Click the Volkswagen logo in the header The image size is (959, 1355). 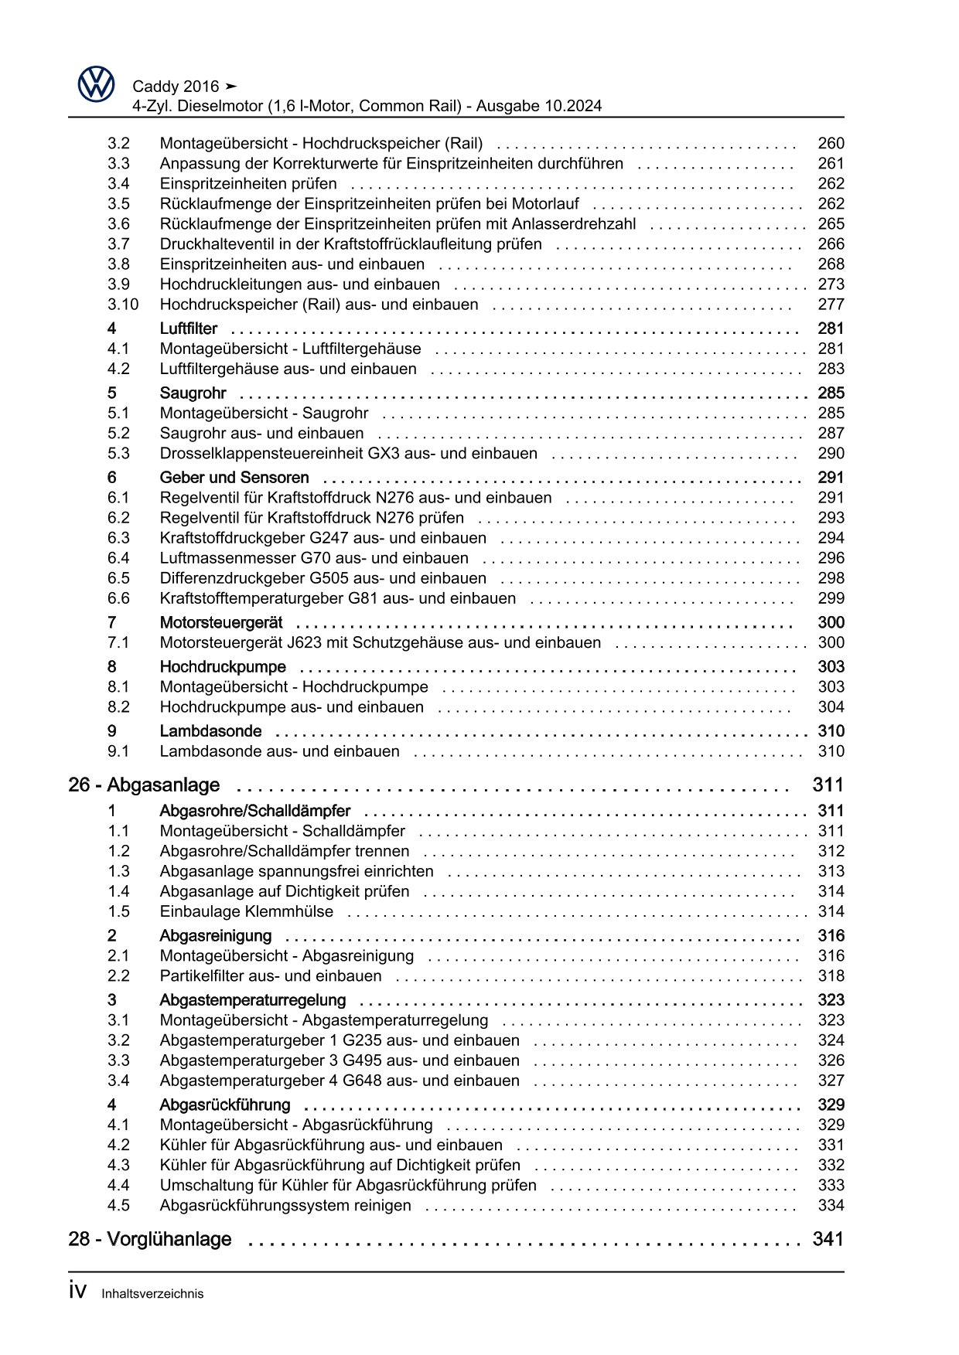point(96,84)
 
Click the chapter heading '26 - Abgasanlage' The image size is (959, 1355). point(144,785)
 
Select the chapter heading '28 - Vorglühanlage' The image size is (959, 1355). point(149,1239)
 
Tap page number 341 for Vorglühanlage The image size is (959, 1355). point(828,1239)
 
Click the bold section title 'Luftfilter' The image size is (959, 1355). point(188,329)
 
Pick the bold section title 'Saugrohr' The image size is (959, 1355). point(193,393)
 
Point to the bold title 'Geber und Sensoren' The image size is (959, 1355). point(234,478)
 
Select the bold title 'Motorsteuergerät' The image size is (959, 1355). point(220,622)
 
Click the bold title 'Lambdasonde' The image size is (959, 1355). point(210,731)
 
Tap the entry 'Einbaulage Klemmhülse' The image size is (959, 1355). point(246,911)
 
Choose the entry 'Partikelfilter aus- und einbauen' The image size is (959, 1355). point(270,975)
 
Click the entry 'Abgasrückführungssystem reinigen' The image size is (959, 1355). point(285,1205)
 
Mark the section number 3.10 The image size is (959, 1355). point(123,305)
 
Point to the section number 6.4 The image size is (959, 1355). point(118,558)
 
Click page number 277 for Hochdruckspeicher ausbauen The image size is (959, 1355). point(831,305)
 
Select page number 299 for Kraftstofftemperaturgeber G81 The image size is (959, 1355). point(831,598)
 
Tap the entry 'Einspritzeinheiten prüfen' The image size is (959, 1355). point(248,184)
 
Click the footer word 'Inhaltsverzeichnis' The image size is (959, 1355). point(152,1294)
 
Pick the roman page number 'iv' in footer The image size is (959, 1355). point(77,1292)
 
